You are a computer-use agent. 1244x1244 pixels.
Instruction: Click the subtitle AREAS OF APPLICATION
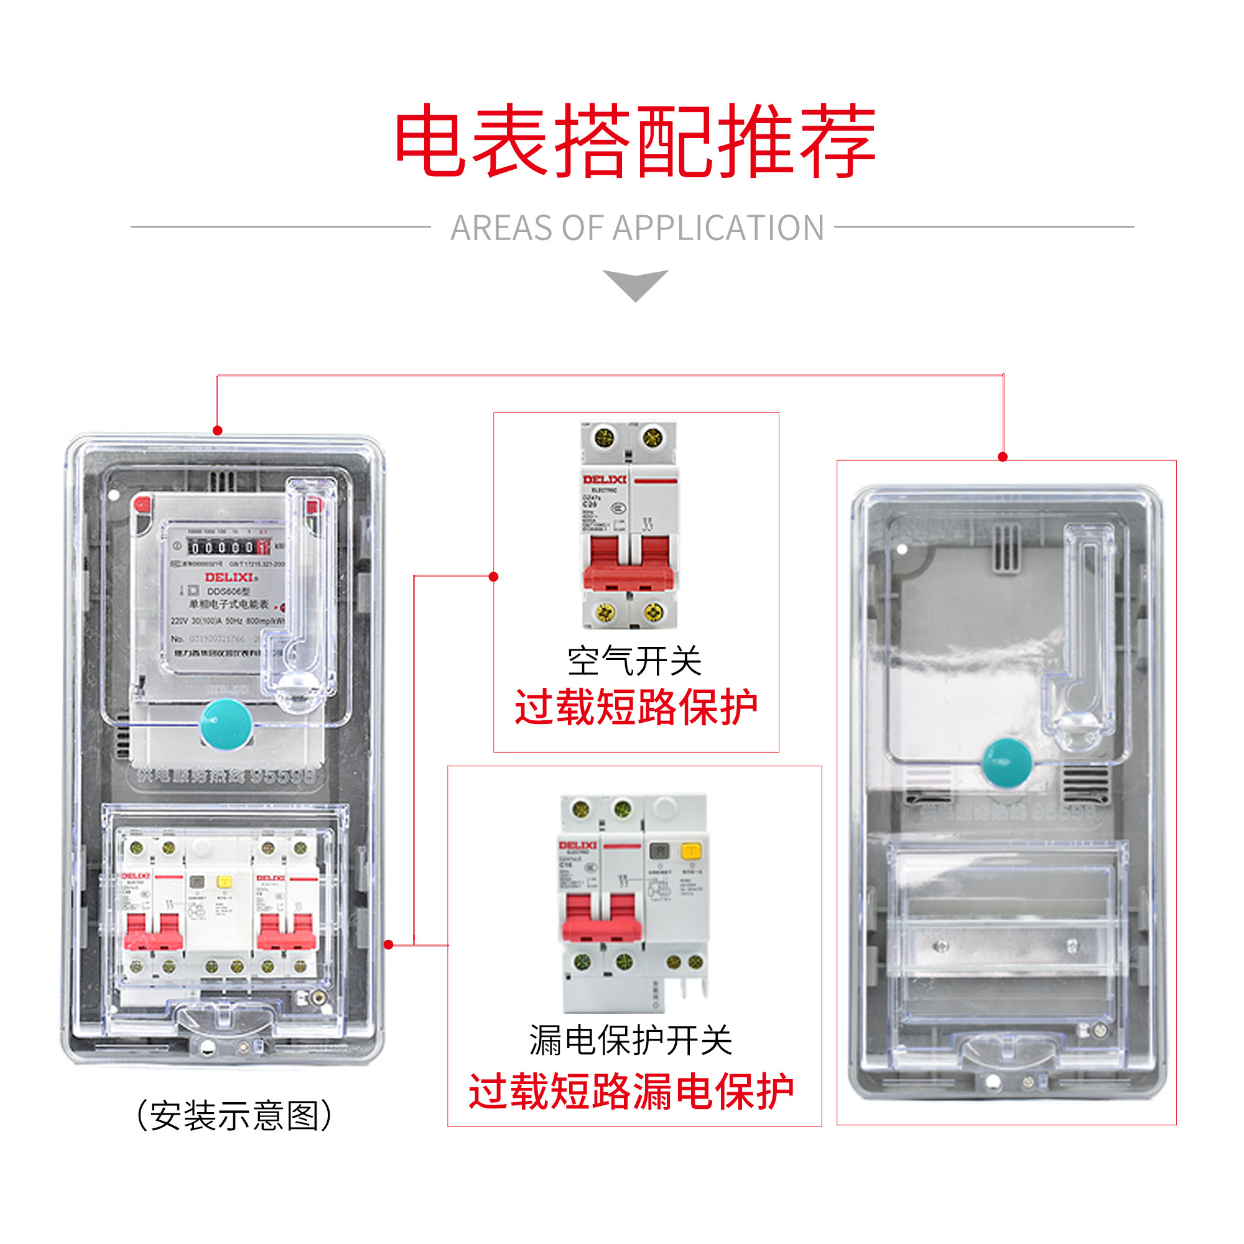[637, 228]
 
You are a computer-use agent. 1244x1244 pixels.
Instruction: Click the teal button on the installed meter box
[226, 725]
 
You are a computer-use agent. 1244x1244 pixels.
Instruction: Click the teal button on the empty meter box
[1007, 763]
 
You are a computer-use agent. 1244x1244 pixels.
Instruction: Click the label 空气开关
[634, 661]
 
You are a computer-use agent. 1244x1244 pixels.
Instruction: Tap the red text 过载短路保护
[636, 707]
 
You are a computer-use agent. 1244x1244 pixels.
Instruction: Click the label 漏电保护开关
[631, 1041]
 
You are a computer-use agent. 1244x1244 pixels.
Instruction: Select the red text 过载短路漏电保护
[631, 1092]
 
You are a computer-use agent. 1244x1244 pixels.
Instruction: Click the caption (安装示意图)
[234, 1116]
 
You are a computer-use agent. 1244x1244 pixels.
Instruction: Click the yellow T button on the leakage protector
[691, 852]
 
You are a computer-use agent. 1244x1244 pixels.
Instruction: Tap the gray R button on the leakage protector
[659, 852]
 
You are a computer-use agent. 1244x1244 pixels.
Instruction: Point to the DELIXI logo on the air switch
[604, 480]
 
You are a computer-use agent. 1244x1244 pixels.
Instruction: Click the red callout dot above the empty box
[1003, 457]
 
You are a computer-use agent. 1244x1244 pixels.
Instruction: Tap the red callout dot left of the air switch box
[493, 577]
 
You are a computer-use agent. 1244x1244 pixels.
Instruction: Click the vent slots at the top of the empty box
[1006, 547]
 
